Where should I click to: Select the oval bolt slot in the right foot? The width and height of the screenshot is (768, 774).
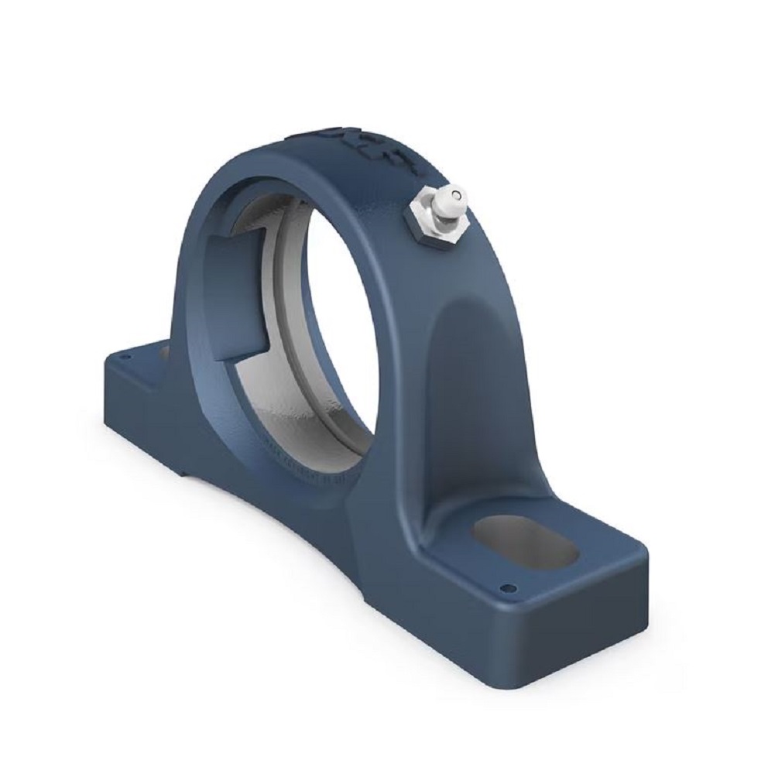pyautogui.click(x=524, y=544)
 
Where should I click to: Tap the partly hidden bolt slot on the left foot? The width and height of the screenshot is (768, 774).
pyautogui.click(x=163, y=352)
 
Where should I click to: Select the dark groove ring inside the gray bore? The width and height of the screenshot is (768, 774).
pyautogui.click(x=288, y=325)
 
